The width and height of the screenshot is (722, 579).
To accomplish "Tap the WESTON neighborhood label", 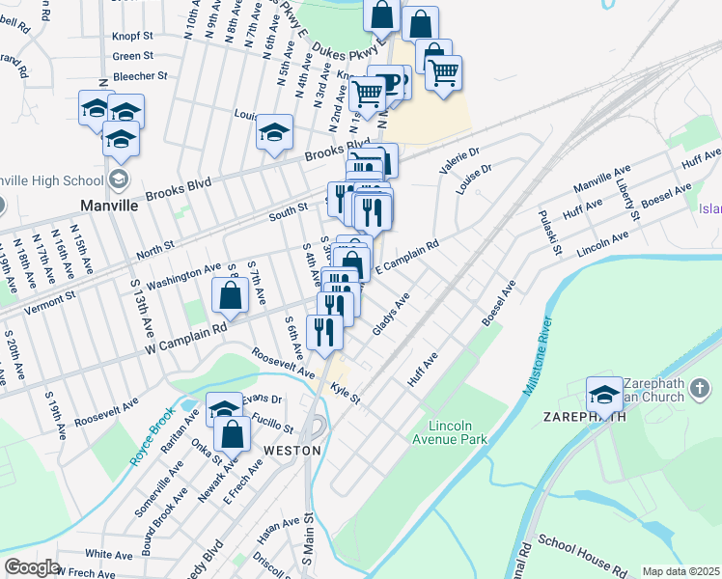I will pyautogui.click(x=292, y=451).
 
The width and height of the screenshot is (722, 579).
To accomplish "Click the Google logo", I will pyautogui.click(x=32, y=567).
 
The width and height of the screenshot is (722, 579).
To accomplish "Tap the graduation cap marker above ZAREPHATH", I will pyautogui.click(x=605, y=394).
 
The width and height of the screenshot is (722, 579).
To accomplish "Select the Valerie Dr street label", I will pyautogui.click(x=458, y=160).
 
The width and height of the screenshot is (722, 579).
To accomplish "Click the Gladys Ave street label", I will pyautogui.click(x=392, y=317).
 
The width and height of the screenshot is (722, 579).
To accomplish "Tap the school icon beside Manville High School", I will pyautogui.click(x=119, y=179).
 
